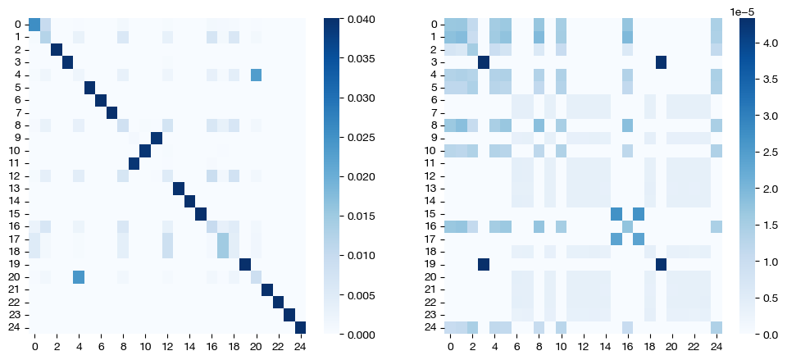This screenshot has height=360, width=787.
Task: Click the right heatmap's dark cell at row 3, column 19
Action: click(661, 62)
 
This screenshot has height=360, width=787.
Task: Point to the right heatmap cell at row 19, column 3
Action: click(483, 264)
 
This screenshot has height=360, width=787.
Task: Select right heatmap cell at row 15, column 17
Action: click(639, 214)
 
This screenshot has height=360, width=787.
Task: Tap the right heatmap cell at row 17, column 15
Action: click(616, 239)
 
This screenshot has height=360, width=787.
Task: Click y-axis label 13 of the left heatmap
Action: click(18, 189)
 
